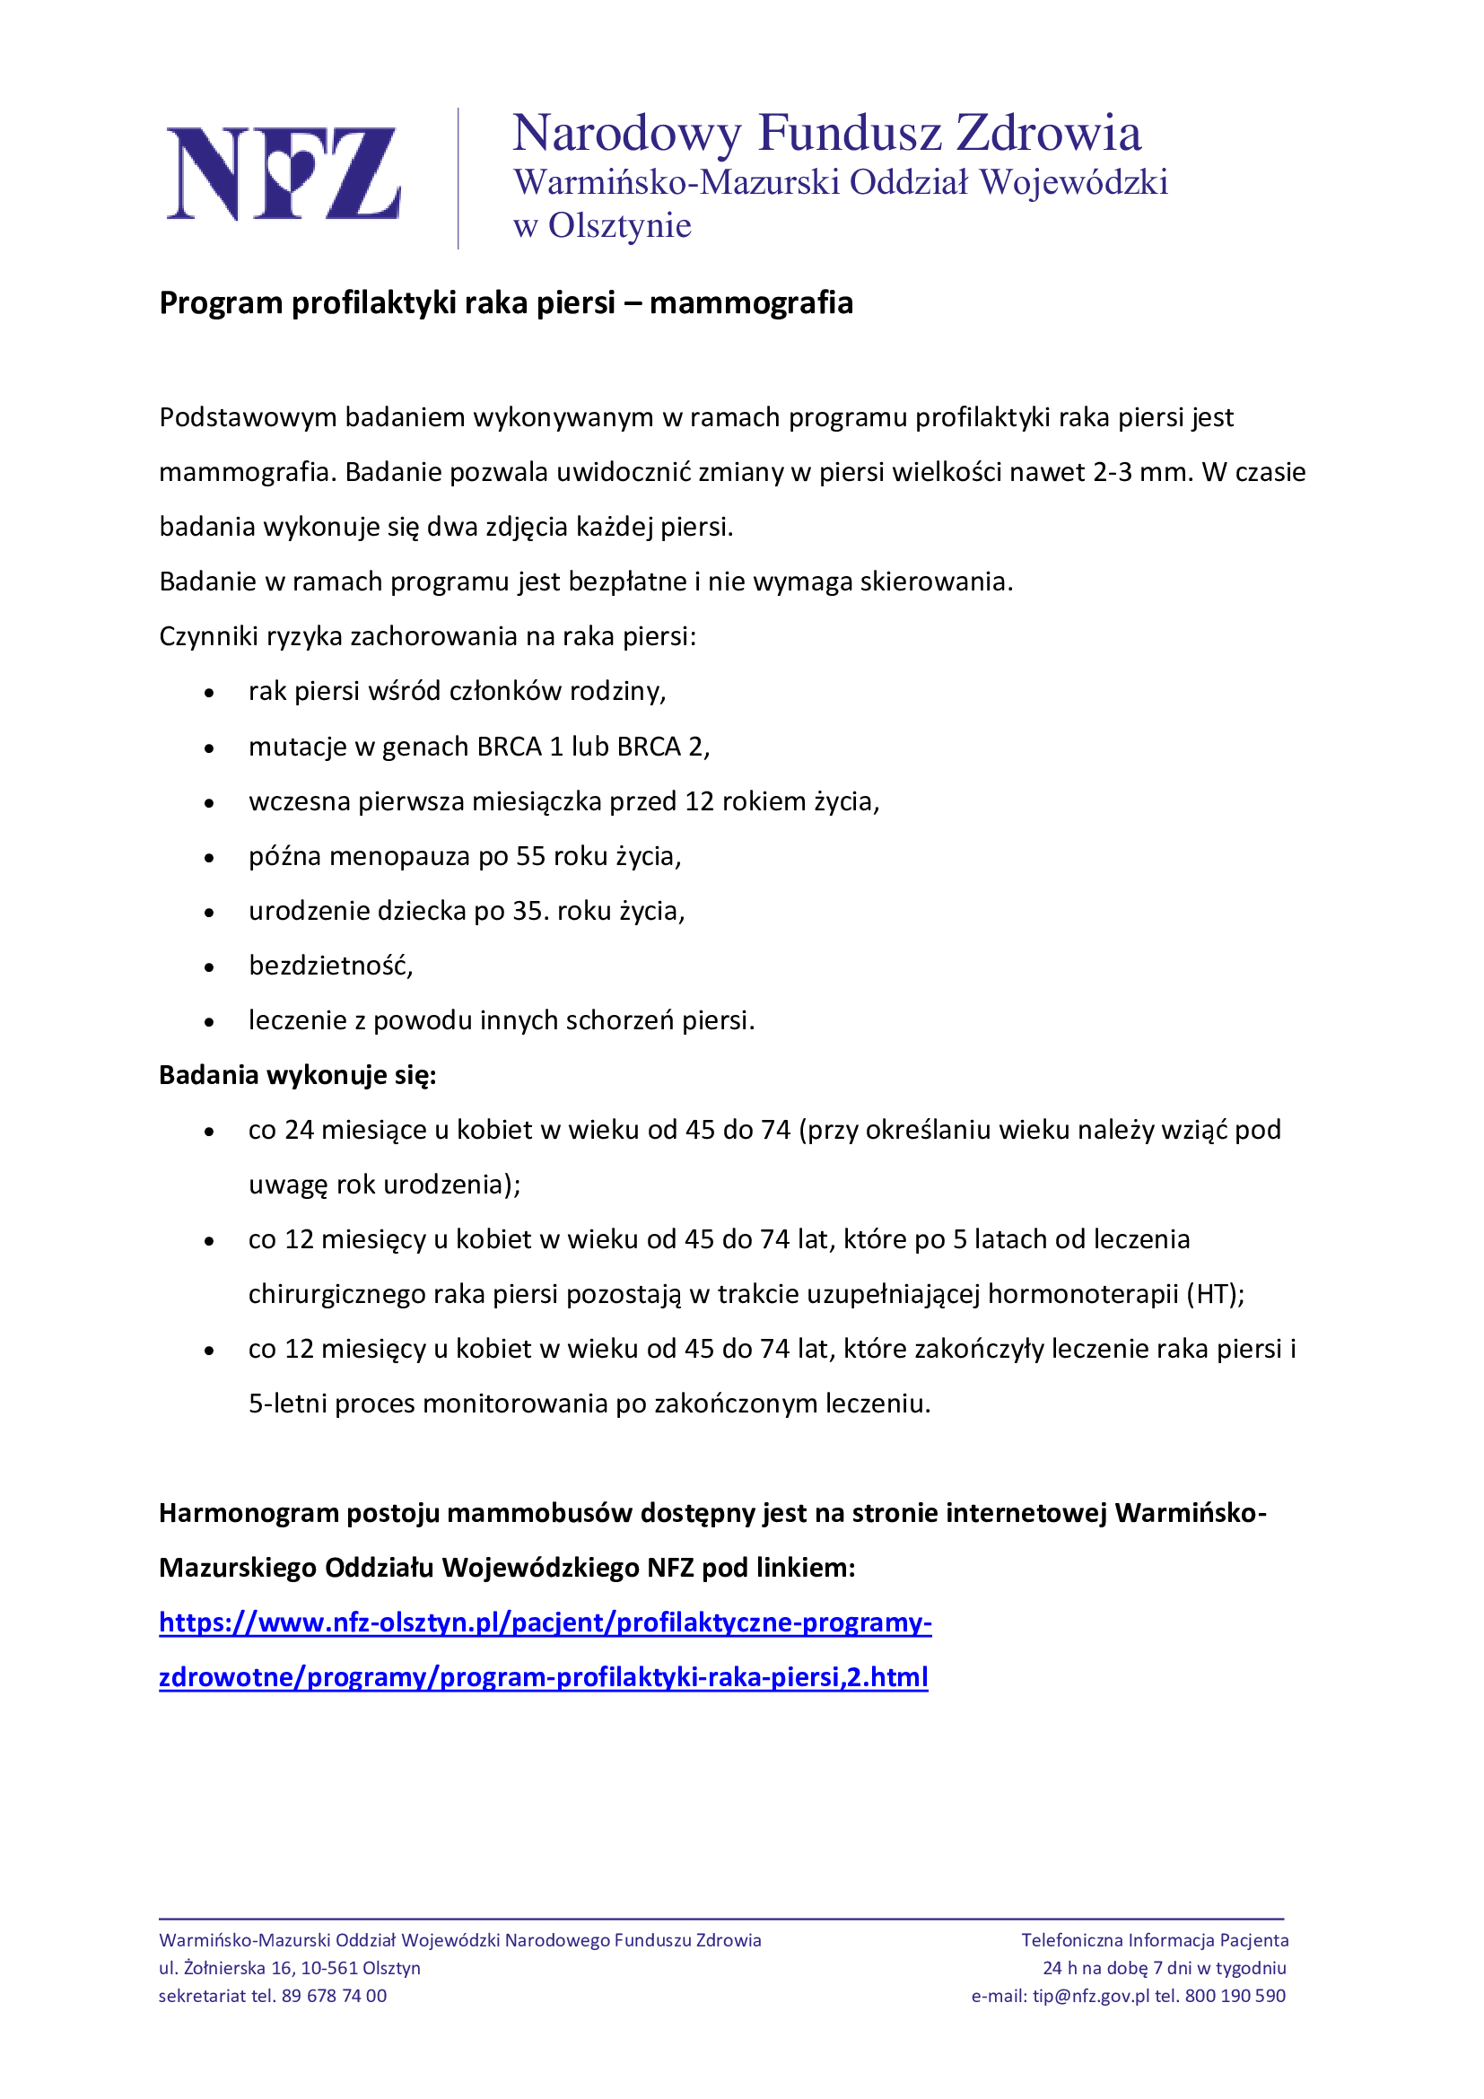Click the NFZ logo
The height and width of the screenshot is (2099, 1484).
[x=284, y=174]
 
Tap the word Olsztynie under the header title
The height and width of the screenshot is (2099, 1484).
[x=620, y=226]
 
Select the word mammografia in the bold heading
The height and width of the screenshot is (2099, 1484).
[x=751, y=302]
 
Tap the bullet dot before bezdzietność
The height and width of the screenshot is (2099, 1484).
[x=209, y=967]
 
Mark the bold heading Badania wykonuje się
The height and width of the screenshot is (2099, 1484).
[x=298, y=1075]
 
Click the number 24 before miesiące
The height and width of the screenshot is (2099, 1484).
[x=300, y=1130]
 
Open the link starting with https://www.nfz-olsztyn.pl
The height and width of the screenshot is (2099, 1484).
[x=545, y=1622]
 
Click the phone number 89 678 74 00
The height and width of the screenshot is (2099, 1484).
[x=334, y=1996]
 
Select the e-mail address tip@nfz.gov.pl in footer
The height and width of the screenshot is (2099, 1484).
[x=1091, y=1996]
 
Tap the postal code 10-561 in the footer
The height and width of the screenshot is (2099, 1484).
[x=329, y=1968]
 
